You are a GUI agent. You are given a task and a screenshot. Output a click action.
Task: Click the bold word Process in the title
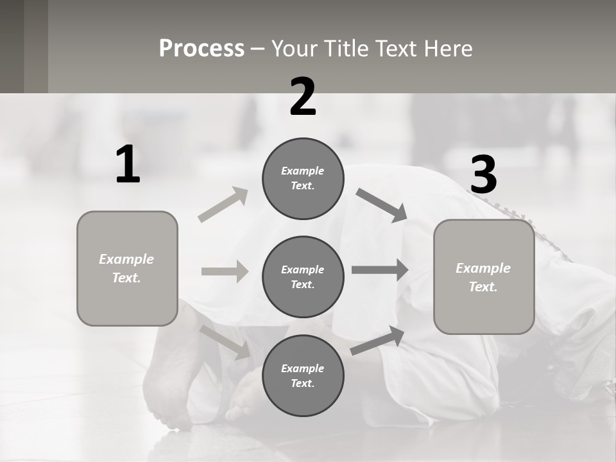click(x=201, y=49)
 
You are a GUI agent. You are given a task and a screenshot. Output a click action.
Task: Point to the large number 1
click(x=128, y=165)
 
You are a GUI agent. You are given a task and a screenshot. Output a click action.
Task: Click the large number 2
click(x=303, y=97)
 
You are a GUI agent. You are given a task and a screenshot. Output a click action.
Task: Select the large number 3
click(x=483, y=175)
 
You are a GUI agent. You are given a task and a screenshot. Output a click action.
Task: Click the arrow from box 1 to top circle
click(x=223, y=205)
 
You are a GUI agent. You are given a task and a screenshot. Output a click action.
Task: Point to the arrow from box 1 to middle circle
click(x=225, y=271)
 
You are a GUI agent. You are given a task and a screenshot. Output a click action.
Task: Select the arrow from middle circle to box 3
click(x=380, y=270)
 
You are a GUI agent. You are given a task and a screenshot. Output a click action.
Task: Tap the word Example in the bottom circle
click(x=302, y=368)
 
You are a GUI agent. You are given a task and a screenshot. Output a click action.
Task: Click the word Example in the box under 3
click(x=483, y=268)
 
